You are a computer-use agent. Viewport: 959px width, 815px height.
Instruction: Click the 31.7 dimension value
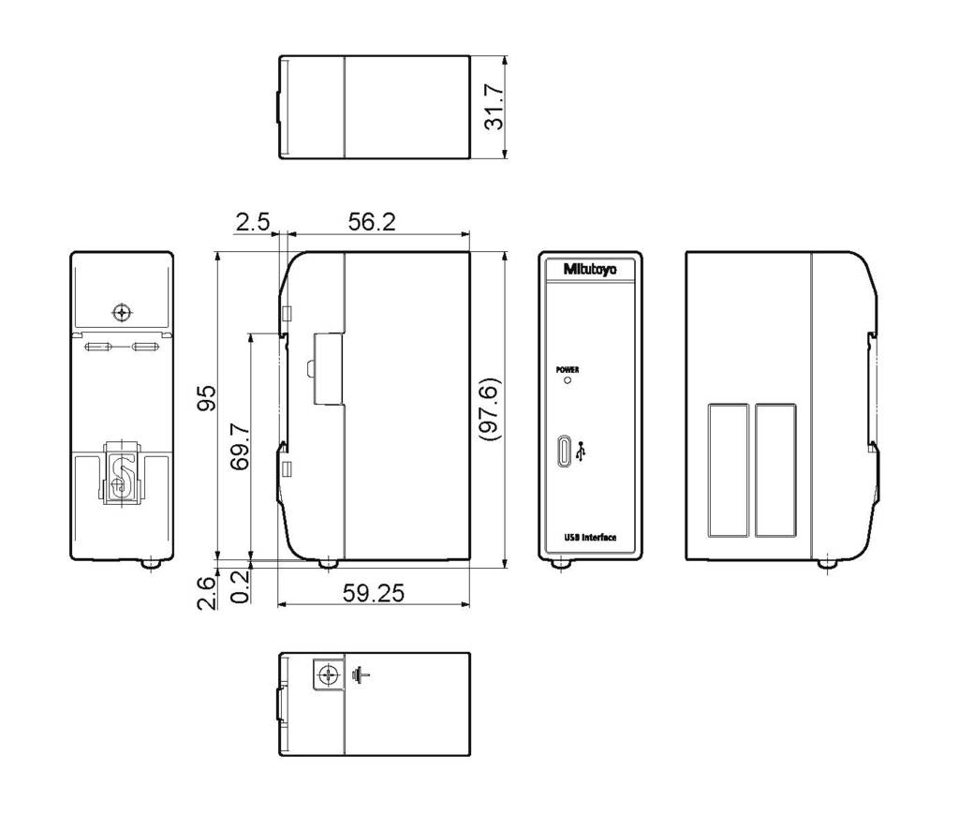494,107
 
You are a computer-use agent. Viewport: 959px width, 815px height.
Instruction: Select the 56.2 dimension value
372,221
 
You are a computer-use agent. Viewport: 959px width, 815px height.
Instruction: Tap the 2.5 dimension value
253,221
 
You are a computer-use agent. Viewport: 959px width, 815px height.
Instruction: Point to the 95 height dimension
207,398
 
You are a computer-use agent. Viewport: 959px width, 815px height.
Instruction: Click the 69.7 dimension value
241,446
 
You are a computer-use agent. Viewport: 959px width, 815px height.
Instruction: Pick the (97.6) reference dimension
490,408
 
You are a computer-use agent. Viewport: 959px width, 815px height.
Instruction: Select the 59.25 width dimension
373,593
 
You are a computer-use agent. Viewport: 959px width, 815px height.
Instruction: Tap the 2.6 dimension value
207,593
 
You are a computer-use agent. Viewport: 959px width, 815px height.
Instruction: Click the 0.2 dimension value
241,586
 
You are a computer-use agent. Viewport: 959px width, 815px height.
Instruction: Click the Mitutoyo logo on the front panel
590,269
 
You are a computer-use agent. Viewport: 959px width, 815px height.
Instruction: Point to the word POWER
568,370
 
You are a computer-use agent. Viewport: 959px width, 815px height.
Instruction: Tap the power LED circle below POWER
568,380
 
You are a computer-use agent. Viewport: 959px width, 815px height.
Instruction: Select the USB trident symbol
581,452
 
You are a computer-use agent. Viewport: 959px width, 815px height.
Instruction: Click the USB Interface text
590,538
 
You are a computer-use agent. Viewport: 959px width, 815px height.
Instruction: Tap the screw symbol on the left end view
123,313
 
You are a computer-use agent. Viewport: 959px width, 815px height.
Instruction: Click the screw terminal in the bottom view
329,674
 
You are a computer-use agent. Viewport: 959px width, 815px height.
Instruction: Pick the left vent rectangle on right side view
729,470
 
